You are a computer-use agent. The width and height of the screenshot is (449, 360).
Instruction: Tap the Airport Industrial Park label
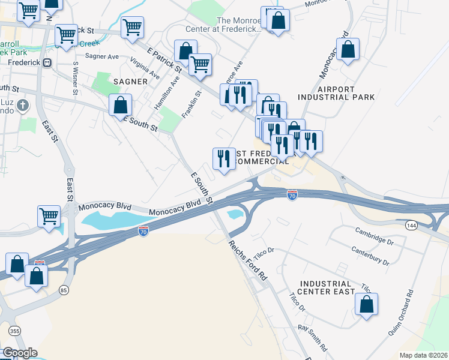336,92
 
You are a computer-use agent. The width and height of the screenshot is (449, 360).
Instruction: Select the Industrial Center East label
327,287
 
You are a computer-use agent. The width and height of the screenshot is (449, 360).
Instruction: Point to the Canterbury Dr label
370,256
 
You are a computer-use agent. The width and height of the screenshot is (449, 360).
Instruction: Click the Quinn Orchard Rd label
410,311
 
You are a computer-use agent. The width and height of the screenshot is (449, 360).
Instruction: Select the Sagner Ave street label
101,56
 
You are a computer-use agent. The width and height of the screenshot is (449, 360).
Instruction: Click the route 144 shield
411,225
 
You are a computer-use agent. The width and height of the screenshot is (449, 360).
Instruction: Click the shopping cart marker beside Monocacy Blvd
49,215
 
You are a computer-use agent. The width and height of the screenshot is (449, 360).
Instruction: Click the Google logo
19,353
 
